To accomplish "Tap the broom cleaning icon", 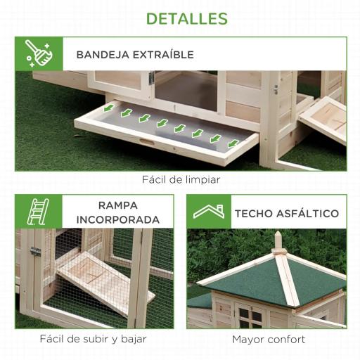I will (39, 54).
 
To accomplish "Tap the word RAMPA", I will (118, 205).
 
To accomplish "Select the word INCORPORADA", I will (118, 219).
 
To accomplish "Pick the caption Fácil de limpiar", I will (181, 180).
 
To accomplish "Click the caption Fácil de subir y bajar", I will (94, 339).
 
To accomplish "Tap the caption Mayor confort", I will (269, 339).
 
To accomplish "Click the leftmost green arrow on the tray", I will (108, 108).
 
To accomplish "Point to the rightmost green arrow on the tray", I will (233, 143).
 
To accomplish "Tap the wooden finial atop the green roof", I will (279, 241).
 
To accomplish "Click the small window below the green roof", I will (248, 316).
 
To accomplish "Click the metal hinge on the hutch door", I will (36, 251).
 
